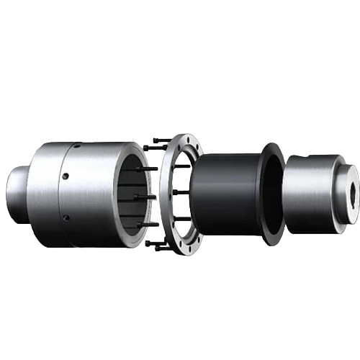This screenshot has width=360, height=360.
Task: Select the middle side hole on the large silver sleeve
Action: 65,175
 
